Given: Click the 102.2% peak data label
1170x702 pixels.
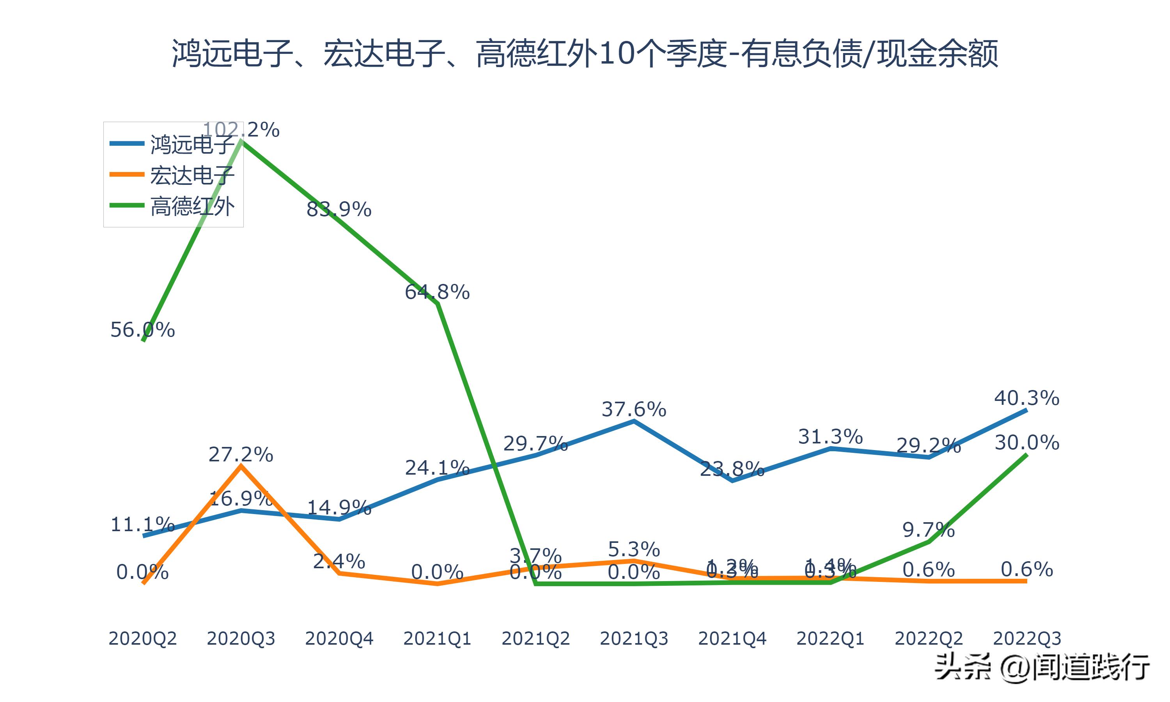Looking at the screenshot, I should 241,129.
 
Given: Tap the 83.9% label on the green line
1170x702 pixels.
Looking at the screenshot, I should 339,209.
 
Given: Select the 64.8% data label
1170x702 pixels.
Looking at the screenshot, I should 437,292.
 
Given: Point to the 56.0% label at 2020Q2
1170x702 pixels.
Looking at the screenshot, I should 142,330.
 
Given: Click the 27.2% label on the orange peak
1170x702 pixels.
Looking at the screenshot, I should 241,455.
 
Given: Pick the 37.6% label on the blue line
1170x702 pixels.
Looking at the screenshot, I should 634,409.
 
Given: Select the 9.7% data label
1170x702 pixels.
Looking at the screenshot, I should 928,530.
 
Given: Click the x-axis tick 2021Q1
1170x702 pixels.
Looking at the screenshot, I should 437,638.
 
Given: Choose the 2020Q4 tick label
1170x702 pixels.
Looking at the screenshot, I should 339,638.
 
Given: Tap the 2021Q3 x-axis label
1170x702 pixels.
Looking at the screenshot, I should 634,638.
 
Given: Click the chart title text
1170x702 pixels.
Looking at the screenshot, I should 585,53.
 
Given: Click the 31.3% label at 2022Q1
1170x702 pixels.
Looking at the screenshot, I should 830,437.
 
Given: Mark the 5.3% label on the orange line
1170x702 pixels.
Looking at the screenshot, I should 634,549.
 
